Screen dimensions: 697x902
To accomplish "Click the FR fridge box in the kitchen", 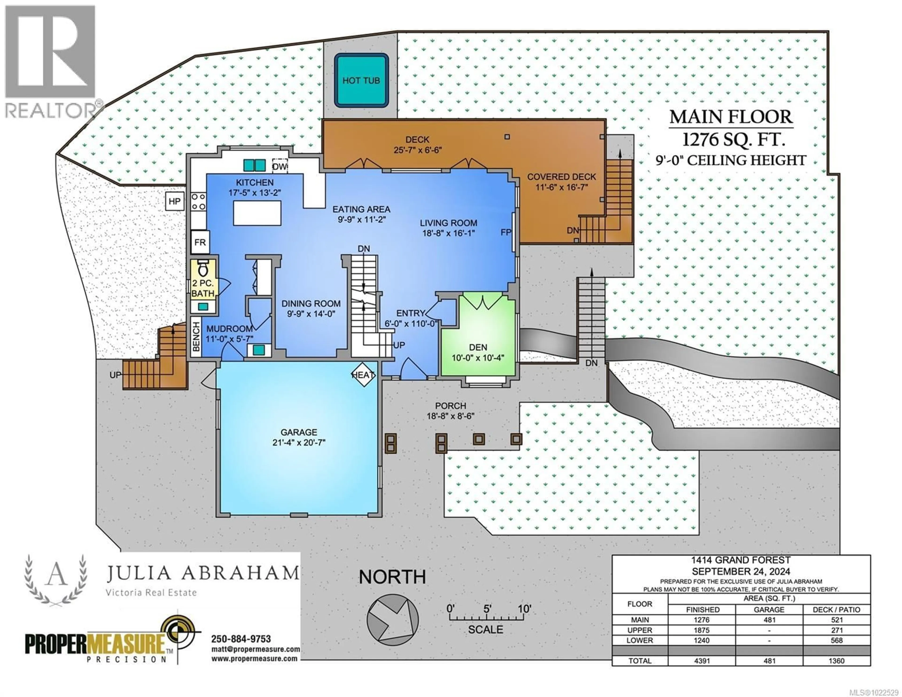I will pyautogui.click(x=200, y=242).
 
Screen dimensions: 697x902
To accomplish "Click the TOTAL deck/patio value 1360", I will pyautogui.click(x=836, y=661).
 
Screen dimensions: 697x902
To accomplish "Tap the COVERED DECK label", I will pyautogui.click(x=561, y=177).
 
